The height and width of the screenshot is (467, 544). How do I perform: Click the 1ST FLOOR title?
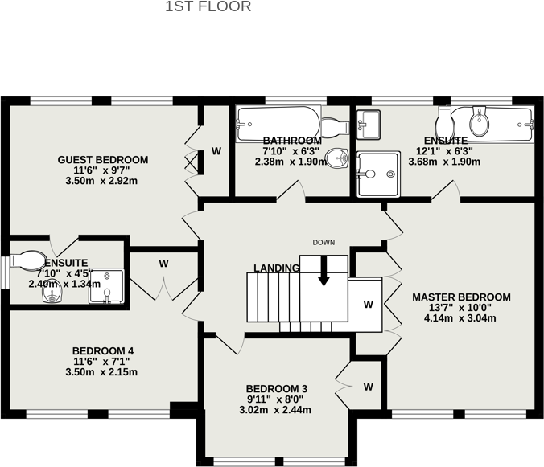coord(208,7)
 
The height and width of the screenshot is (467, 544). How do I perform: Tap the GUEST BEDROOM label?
coord(103,160)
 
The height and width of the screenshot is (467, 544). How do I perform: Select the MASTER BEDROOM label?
coord(461,297)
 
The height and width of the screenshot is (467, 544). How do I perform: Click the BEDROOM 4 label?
coord(103,350)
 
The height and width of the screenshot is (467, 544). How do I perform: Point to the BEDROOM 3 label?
coord(277,388)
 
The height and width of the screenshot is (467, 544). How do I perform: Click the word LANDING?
coord(277,268)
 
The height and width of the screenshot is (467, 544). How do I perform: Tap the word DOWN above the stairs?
coord(324,243)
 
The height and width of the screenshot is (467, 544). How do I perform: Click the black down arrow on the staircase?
coord(324,273)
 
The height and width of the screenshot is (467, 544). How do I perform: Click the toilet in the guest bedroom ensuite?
coord(28,261)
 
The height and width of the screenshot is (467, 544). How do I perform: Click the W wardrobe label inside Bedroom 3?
coord(368,387)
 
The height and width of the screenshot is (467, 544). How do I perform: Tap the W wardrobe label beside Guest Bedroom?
coord(216,151)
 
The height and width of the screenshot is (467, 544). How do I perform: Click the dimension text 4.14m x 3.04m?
coord(461,318)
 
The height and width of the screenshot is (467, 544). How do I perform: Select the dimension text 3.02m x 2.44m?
coord(277,410)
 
